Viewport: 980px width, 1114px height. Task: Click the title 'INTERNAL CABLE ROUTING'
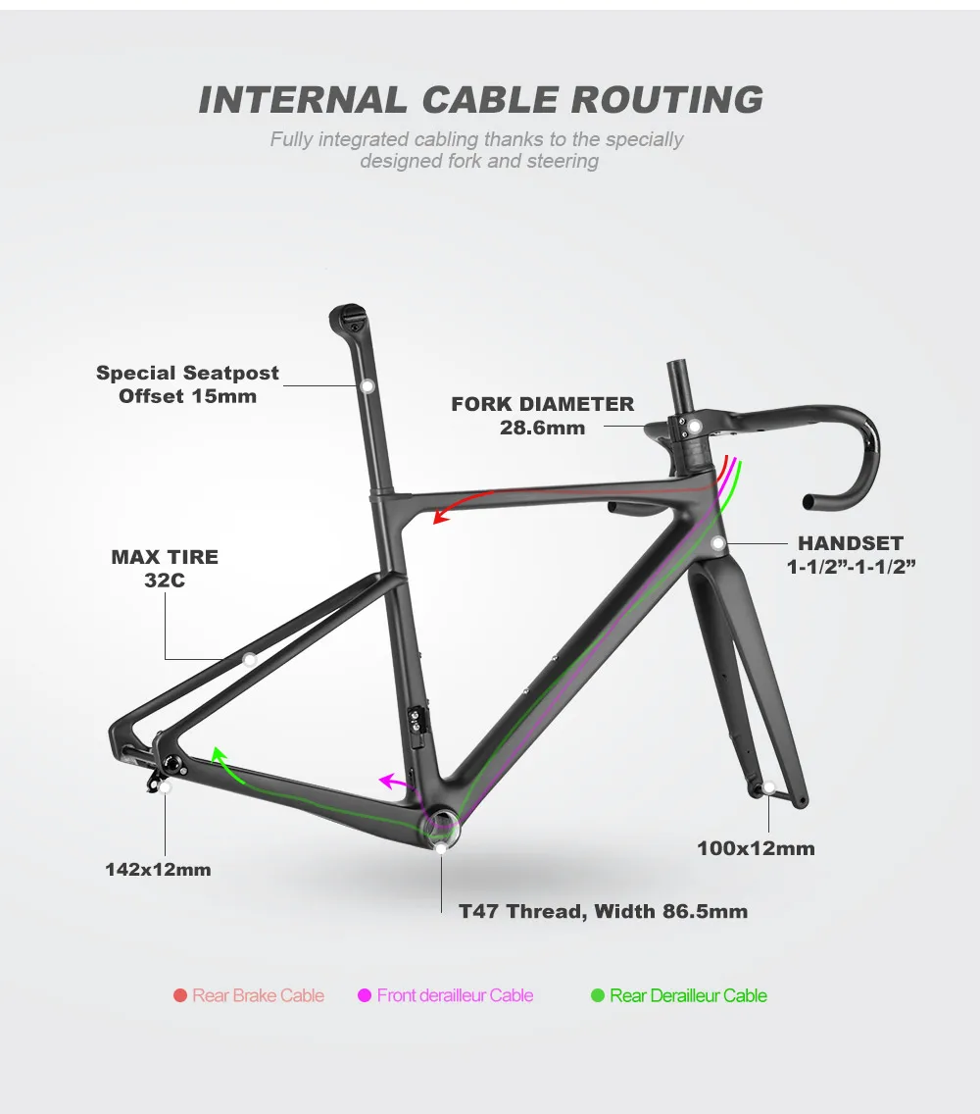pos(480,99)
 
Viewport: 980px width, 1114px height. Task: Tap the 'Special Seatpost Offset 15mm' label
pos(187,384)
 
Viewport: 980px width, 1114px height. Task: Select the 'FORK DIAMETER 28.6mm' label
pos(542,415)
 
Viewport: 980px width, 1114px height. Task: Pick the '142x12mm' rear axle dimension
pos(158,869)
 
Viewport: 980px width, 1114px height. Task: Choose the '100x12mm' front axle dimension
pos(756,848)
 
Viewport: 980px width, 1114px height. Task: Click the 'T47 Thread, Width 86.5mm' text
pos(603,912)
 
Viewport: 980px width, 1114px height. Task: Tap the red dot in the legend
pos(180,996)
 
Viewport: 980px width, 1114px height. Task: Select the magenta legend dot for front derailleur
pos(365,996)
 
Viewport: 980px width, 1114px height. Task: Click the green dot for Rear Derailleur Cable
pos(597,996)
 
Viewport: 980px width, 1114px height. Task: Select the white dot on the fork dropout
pos(769,787)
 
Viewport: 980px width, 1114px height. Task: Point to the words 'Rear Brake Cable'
pos(258,996)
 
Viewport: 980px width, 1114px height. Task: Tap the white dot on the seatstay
pos(249,660)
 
